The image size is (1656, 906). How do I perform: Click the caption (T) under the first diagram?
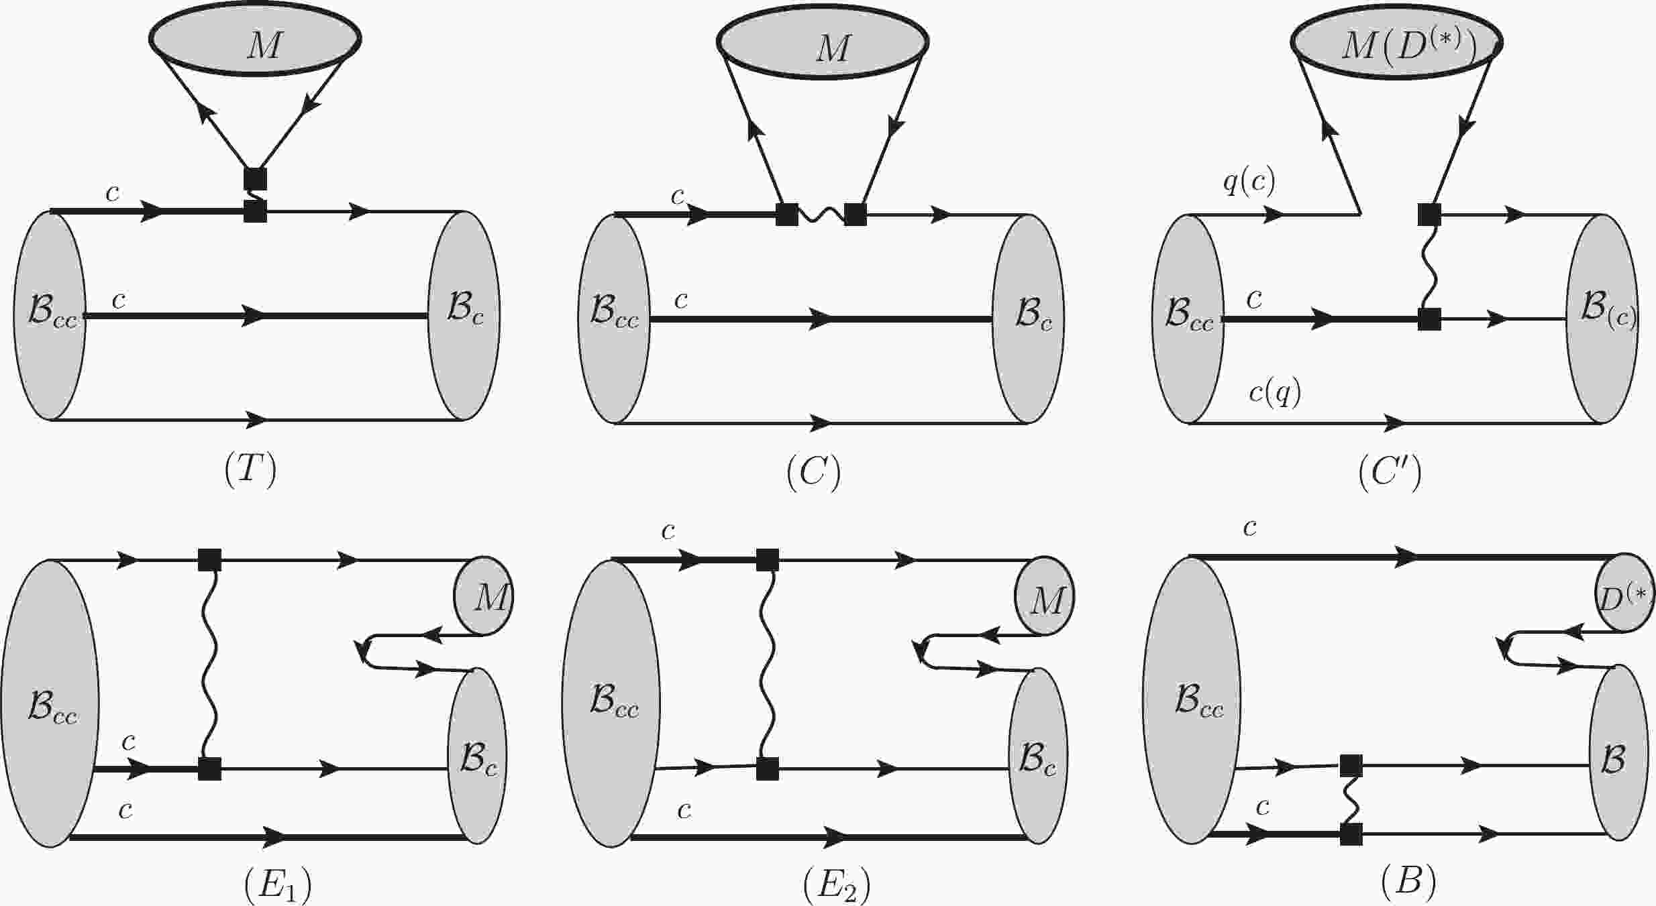(x=250, y=471)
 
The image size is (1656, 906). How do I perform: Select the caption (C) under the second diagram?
(x=813, y=473)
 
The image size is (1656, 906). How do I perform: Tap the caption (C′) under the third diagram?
(x=1390, y=473)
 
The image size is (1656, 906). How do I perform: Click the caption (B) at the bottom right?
(x=1409, y=883)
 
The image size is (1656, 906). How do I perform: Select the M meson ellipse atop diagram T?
(x=255, y=38)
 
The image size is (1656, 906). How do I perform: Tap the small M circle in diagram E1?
(x=483, y=596)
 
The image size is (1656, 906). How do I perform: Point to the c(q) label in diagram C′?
(x=1275, y=392)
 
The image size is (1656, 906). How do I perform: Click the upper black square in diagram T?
(x=255, y=178)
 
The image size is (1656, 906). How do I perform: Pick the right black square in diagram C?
(x=856, y=215)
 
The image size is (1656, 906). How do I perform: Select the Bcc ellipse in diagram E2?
(x=611, y=703)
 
